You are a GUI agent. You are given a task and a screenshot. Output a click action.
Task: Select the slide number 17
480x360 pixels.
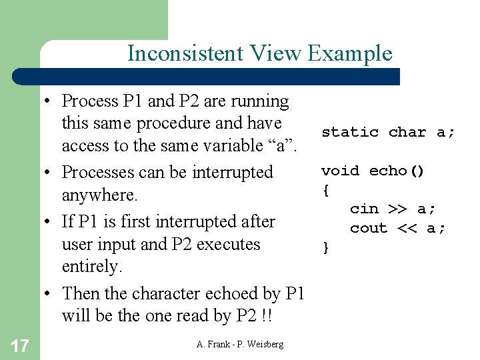[x=20, y=345]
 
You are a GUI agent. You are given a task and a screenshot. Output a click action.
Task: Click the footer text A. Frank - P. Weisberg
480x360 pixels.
[x=240, y=344]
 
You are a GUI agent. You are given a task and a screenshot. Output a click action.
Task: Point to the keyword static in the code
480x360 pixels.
[x=349, y=132]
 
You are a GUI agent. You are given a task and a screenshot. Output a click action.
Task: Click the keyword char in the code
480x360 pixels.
[x=407, y=132]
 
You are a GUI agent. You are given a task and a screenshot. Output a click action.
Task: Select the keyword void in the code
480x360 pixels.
[x=340, y=171]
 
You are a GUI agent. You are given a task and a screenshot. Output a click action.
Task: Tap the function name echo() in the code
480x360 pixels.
[x=397, y=171]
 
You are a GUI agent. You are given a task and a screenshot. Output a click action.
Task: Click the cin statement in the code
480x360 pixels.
[x=393, y=209]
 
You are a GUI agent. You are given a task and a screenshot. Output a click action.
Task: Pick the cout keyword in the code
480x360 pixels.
[x=369, y=228]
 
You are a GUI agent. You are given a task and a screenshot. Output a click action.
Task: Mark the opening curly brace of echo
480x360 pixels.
[x=325, y=190]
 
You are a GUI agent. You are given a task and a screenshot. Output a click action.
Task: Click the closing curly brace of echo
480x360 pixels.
[x=325, y=248]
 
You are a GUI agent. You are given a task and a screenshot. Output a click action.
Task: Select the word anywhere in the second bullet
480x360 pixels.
[x=99, y=196]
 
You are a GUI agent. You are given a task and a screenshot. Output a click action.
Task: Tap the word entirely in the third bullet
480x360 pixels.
[x=91, y=267]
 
